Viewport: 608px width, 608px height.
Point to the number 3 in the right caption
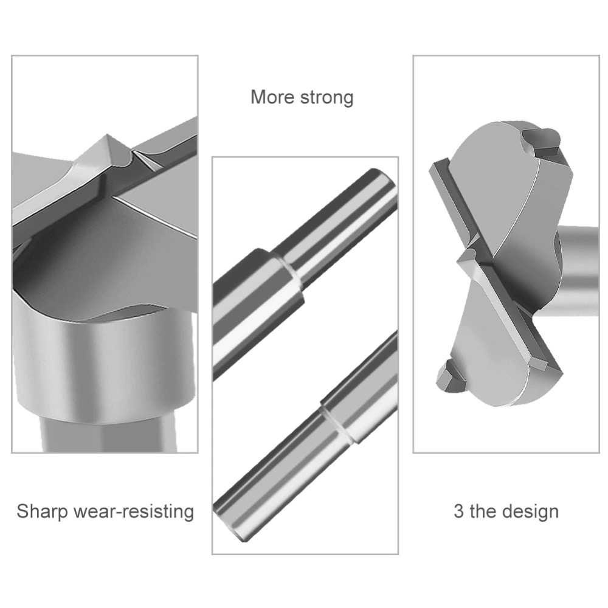[x=459, y=511]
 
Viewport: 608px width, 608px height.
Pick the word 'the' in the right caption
[x=483, y=511]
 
